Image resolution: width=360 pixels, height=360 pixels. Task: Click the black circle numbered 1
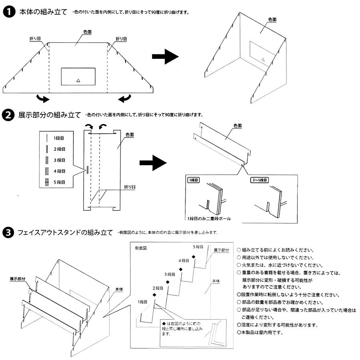click(x=8, y=12)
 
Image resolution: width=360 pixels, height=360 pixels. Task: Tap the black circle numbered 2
click(x=8, y=116)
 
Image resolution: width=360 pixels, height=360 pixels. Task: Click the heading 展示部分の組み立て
click(x=49, y=116)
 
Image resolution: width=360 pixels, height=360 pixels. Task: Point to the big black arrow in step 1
click(x=165, y=57)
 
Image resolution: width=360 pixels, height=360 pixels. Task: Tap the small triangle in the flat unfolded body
click(x=78, y=80)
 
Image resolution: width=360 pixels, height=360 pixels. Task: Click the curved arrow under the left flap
click(x=42, y=98)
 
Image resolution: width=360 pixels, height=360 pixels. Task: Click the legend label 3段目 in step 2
click(x=59, y=160)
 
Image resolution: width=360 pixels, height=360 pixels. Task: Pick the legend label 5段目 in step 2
click(x=59, y=182)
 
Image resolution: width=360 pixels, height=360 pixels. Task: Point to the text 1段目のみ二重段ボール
click(x=208, y=219)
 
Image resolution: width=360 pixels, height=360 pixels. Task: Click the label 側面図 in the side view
click(x=142, y=248)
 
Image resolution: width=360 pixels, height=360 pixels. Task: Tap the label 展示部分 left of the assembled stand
click(x=18, y=278)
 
